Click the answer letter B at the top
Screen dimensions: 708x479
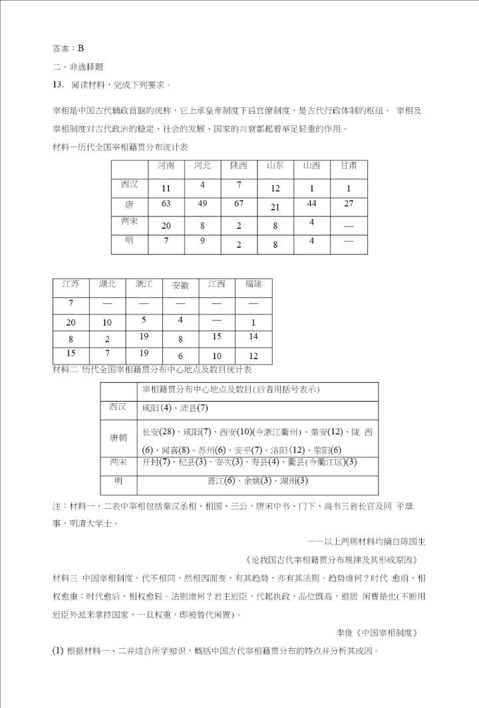[x=80, y=47]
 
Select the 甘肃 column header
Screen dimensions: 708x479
[x=349, y=165]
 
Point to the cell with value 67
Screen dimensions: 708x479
[x=239, y=203]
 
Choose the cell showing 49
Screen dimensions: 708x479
[x=202, y=203]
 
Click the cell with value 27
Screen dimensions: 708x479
[x=349, y=203]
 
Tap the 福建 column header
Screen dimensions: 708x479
[x=253, y=284]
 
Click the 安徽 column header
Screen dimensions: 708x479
[x=180, y=285]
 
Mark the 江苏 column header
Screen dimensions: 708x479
[x=71, y=284]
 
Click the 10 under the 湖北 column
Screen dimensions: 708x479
[x=107, y=322]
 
